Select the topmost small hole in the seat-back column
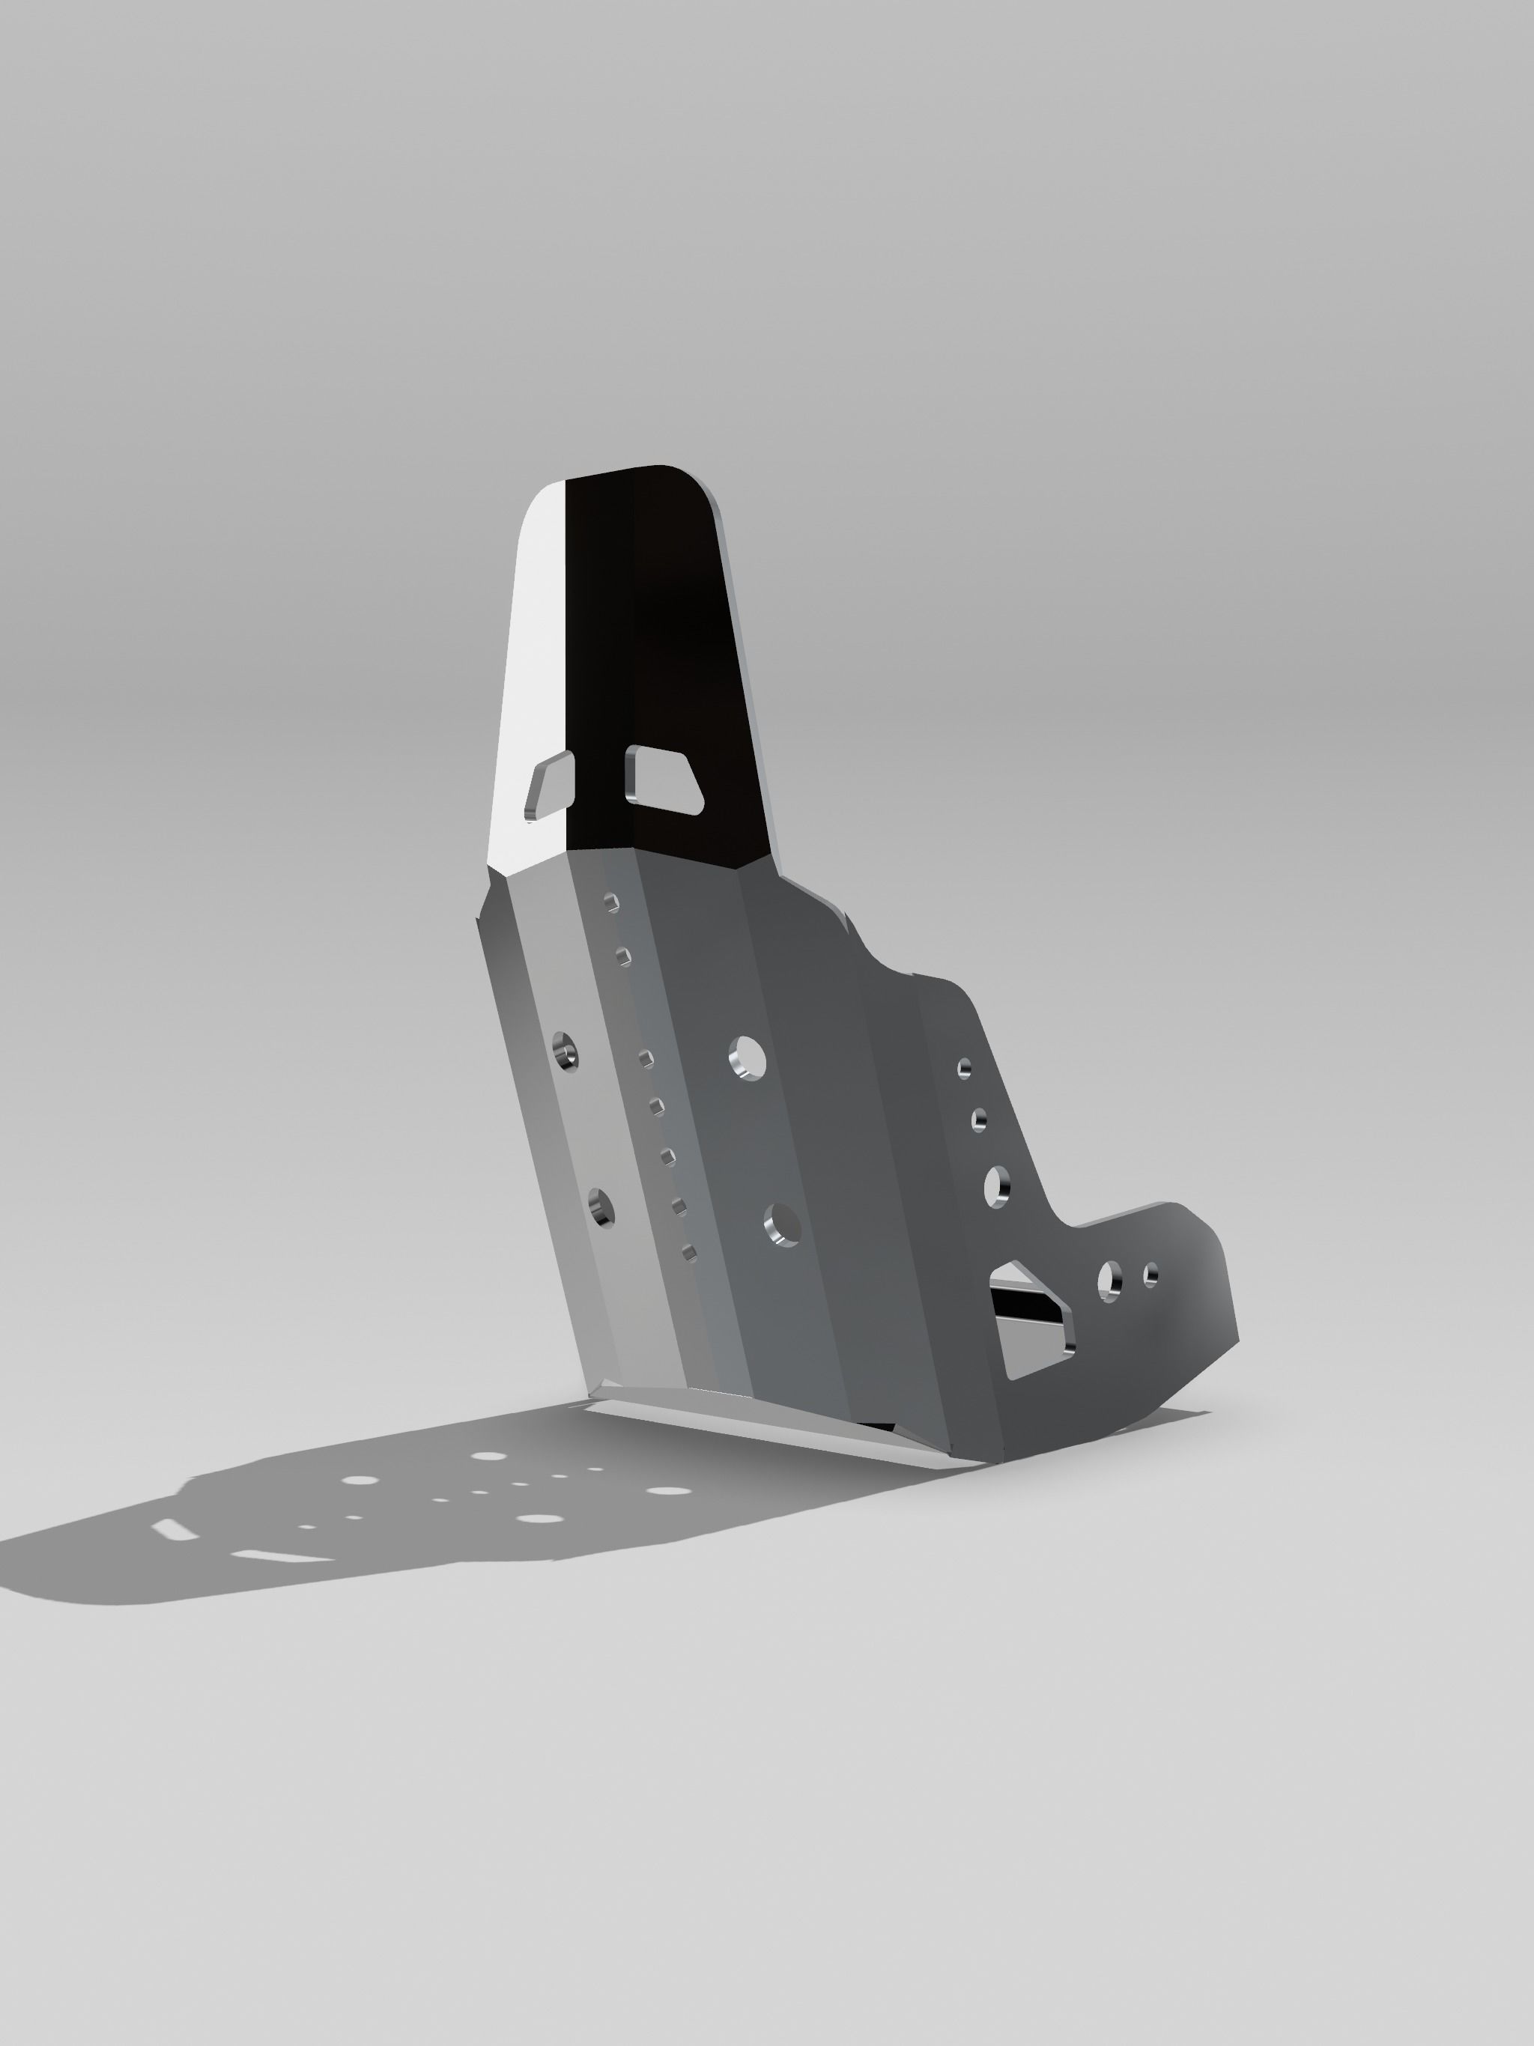[611, 902]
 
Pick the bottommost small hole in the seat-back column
[688, 1252]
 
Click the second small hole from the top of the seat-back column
[622, 955]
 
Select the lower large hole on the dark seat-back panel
[783, 1224]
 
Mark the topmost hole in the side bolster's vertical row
[964, 1069]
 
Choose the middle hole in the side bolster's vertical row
[979, 1121]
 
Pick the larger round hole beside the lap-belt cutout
[1109, 1281]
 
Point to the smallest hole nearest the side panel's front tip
[1151, 1275]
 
